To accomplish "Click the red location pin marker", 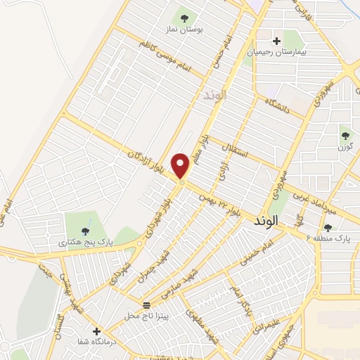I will pyautogui.click(x=181, y=165).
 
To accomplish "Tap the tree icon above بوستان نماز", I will pyautogui.click(x=185, y=18).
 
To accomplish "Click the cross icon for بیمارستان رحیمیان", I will pyautogui.click(x=277, y=40).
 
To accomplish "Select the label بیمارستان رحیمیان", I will pyautogui.click(x=276, y=52).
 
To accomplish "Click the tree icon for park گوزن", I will pyautogui.click(x=345, y=134).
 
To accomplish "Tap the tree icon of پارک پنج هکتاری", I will pyautogui.click(x=85, y=231).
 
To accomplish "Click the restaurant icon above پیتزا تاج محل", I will pyautogui.click(x=146, y=305).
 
